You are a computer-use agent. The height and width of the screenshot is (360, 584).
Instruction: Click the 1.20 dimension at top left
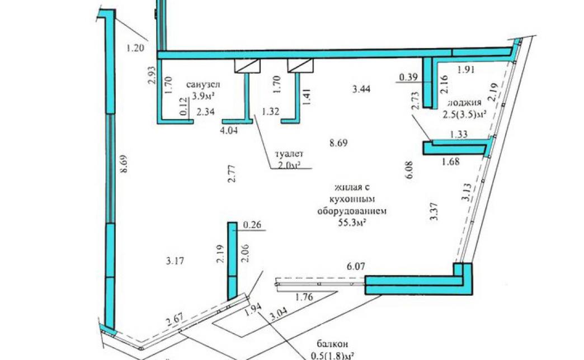135,48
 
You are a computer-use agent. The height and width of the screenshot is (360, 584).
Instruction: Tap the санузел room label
204,85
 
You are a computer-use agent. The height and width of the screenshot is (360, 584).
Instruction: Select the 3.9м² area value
204,96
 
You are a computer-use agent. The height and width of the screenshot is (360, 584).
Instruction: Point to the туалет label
289,153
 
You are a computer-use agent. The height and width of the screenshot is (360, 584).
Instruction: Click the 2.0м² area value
289,165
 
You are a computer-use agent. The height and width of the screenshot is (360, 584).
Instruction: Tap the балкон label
333,344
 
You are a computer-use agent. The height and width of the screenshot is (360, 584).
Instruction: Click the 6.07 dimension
356,266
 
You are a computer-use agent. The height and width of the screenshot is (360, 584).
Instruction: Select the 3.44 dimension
361,89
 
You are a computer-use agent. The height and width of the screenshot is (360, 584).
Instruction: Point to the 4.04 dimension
229,130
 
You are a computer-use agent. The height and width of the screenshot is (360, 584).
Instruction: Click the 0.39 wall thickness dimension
408,77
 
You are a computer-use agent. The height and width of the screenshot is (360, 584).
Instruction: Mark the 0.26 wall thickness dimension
252,225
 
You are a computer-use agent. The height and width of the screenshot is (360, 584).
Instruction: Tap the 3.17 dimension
175,260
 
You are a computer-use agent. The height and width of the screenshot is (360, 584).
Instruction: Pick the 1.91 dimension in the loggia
465,69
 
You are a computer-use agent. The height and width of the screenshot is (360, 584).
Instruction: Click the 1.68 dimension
450,162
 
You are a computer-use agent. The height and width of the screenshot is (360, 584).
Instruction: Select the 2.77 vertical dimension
232,174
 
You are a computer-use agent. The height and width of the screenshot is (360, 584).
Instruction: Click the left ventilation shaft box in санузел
247,65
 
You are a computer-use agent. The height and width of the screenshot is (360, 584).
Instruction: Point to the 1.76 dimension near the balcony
304,297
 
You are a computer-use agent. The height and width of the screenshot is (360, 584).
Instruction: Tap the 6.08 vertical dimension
409,170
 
